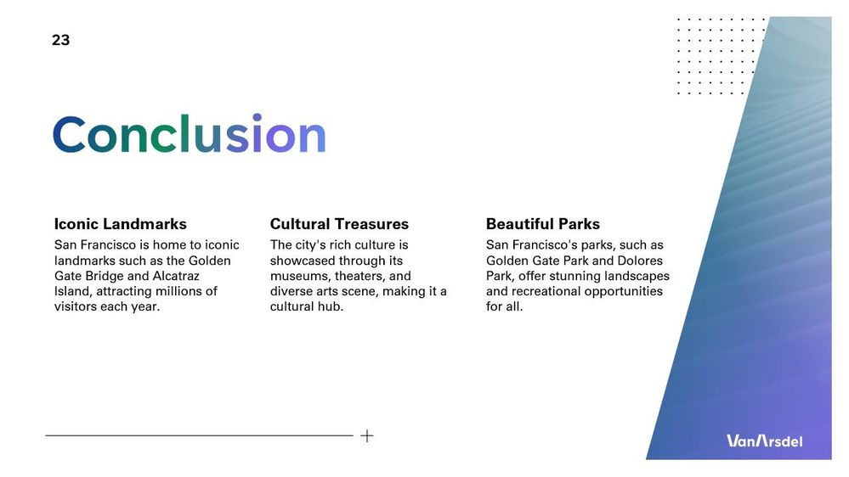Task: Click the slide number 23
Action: click(60, 40)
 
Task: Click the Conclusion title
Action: click(190, 133)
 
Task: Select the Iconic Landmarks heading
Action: click(120, 224)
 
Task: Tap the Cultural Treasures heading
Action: click(339, 224)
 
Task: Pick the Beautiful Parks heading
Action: click(543, 224)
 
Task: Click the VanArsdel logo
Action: click(765, 441)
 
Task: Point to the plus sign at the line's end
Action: click(366, 436)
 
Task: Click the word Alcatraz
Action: click(176, 276)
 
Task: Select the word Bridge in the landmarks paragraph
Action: click(105, 277)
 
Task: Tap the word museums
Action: click(300, 277)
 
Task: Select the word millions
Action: click(179, 291)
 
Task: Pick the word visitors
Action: click(73, 306)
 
